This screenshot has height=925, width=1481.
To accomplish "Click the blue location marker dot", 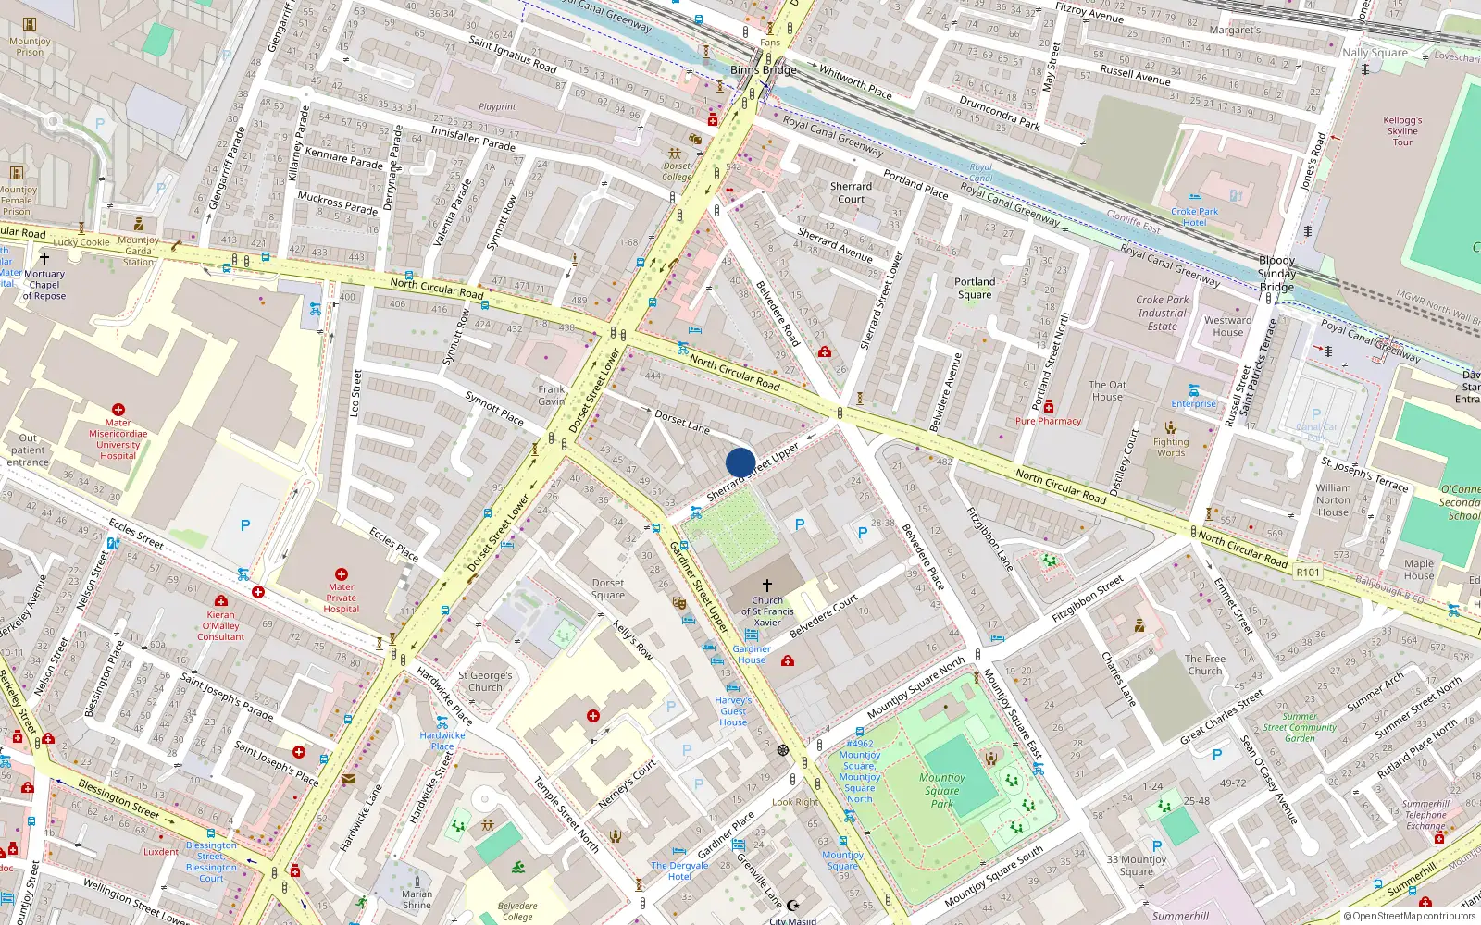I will pos(740,462).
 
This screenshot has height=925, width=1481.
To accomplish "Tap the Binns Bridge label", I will pos(763,70).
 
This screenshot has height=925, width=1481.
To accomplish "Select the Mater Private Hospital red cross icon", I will pos(341,574).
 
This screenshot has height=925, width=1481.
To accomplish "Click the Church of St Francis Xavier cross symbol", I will pos(766,585).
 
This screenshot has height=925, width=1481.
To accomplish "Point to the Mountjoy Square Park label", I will pos(941,791).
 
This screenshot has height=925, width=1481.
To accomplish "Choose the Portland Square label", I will pos(975,289).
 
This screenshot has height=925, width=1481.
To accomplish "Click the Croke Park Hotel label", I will pos(1194,217).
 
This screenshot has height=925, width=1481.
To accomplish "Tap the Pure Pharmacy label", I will pos(1048,421).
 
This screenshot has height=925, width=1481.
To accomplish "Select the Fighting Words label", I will pos(1170,448).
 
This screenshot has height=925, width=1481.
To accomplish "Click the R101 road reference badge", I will pos(1307,573).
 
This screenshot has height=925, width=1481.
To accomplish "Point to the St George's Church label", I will pos(485,682).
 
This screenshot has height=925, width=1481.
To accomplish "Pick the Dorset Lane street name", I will pos(682,422).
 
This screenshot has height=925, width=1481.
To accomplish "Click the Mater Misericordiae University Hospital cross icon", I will pos(118,409).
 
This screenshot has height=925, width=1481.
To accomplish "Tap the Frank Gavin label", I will pos(551,395).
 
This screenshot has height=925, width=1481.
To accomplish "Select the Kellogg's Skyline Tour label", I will pos(1402,131).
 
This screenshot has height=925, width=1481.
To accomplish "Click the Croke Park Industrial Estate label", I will pos(1163,313).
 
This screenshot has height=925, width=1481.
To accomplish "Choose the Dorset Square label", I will pos(608,589).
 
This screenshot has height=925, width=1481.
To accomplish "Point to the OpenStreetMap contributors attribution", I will pos(1410,917).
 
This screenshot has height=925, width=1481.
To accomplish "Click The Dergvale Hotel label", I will pos(679,871).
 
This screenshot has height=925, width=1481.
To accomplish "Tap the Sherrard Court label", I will pos(851,192).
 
